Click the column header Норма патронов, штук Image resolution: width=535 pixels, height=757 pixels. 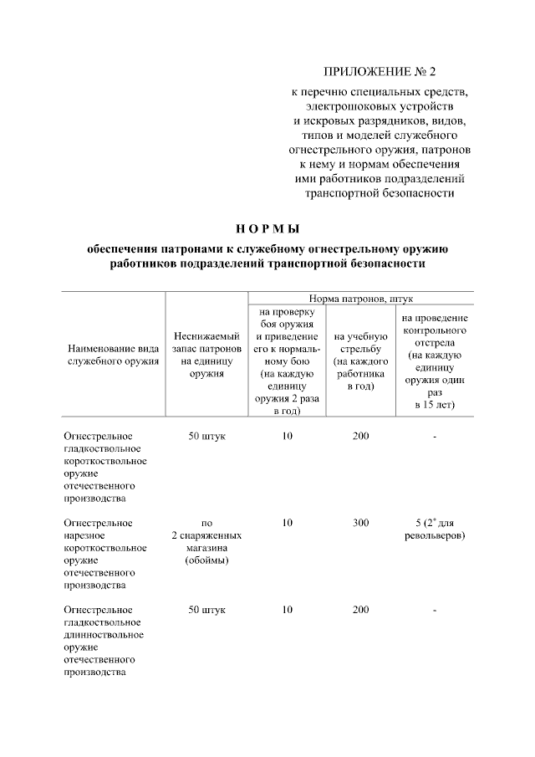click(x=361, y=298)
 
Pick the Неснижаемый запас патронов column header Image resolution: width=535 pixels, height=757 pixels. click(x=206, y=355)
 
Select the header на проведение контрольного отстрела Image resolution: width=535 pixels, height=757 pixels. click(x=434, y=361)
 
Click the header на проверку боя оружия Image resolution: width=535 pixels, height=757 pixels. click(x=287, y=361)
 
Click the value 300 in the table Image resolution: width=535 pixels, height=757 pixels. click(x=360, y=523)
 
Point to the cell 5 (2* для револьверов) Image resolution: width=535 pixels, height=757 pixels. click(x=434, y=529)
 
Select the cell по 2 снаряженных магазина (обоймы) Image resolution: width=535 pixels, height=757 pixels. click(x=206, y=541)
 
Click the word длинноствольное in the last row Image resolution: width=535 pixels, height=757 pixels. click(x=102, y=634)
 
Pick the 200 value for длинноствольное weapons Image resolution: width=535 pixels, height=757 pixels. click(x=360, y=610)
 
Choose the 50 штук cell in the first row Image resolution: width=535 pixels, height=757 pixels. click(x=206, y=436)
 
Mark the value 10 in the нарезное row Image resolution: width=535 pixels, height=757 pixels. click(x=287, y=523)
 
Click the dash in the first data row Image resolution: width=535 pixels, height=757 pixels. click(x=435, y=437)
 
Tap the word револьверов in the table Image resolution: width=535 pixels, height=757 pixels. click(x=434, y=535)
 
